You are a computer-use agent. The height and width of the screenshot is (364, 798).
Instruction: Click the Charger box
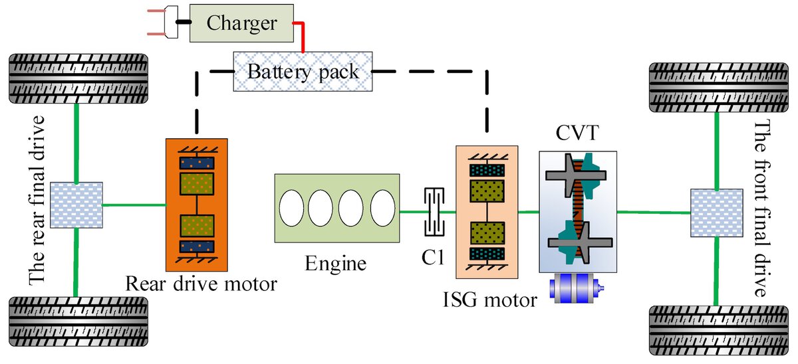coord(241,24)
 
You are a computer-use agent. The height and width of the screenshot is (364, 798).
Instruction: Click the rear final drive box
coord(76,205)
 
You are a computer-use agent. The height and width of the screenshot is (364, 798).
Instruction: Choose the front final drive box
coord(716,213)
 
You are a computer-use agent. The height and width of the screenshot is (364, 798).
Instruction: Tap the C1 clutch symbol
coord(433,212)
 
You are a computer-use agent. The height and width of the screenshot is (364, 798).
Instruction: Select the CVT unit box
coord(577,212)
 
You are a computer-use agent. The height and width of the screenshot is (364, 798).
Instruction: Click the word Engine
coord(336,264)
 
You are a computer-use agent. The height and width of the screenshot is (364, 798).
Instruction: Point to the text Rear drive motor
coord(201,284)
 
